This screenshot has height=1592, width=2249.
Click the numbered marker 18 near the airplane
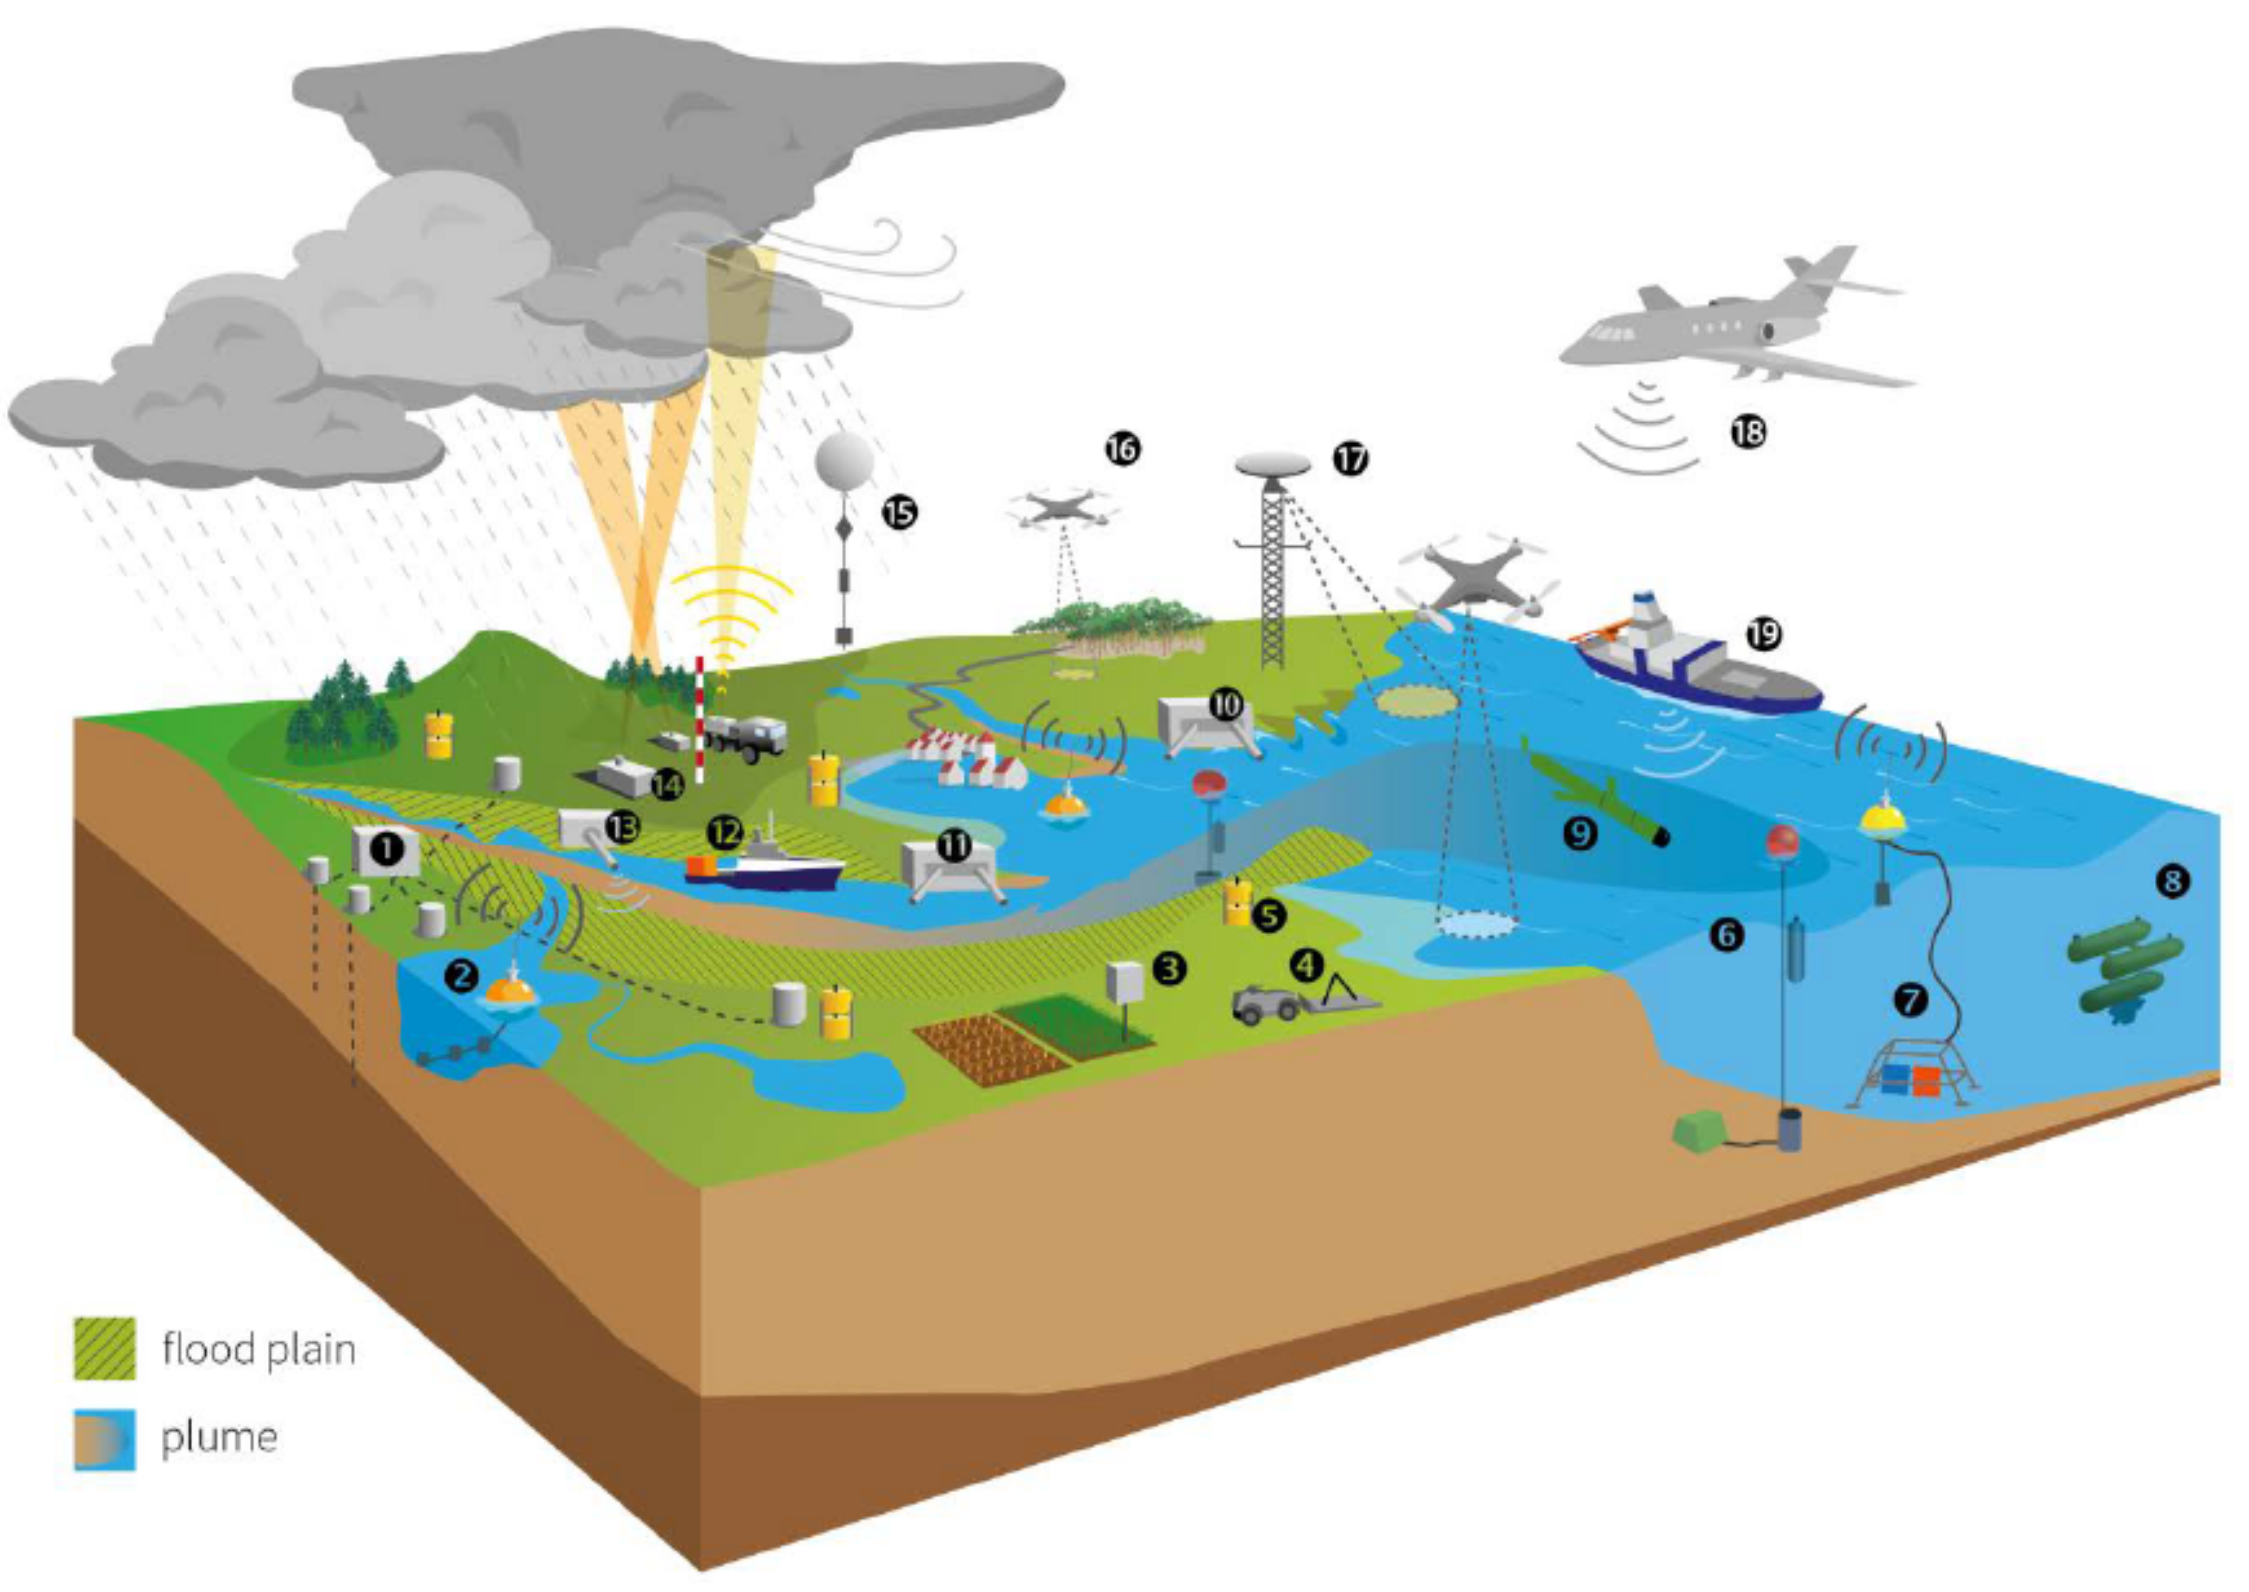tap(1748, 431)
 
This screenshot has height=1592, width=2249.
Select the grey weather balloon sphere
tap(844, 462)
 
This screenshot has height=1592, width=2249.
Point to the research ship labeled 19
tap(1696, 657)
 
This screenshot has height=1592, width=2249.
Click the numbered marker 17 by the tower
tap(1350, 459)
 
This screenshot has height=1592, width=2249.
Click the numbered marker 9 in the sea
tap(1580, 833)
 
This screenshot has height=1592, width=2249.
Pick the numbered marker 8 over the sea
tap(2172, 880)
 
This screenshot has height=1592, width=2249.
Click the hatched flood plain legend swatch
tap(105, 1349)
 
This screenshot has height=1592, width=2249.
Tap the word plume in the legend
tap(218, 1437)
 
